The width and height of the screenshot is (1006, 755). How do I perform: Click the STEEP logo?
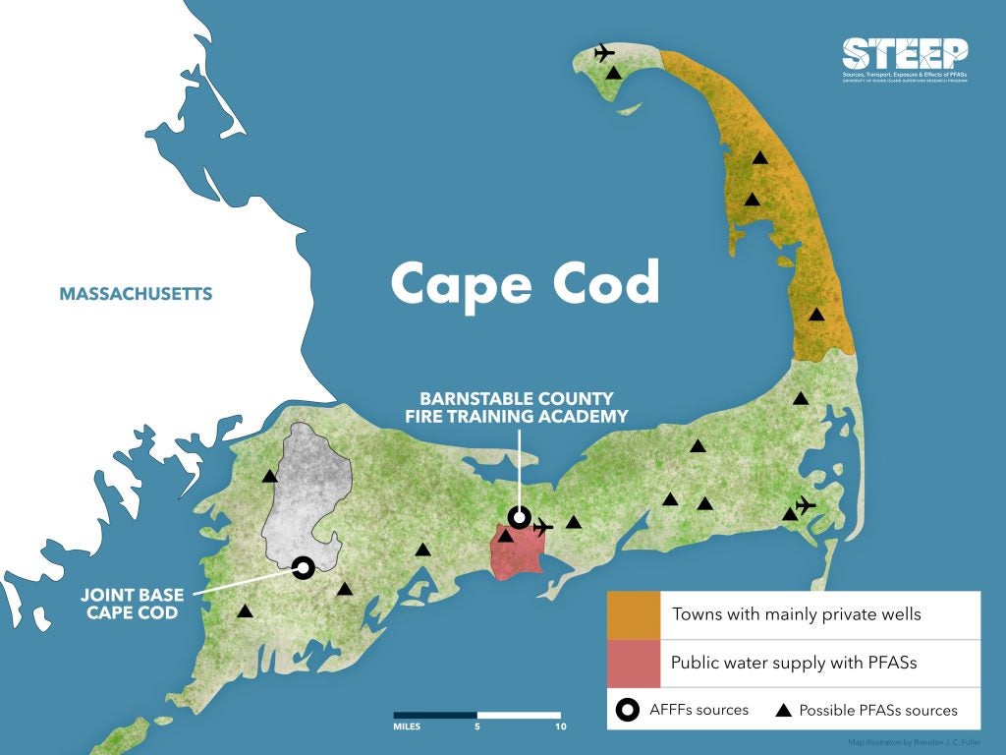[x=905, y=59]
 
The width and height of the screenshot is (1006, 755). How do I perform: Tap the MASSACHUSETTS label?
[x=136, y=294]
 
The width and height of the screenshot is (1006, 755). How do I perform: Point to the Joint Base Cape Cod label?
[x=130, y=604]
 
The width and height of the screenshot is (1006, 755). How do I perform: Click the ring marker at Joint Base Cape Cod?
[x=304, y=567]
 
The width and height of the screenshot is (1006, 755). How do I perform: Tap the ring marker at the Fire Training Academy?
[x=519, y=517]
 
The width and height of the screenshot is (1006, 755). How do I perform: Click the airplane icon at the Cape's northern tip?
[x=604, y=52]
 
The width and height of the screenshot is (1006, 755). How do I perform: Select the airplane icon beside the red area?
[x=542, y=526]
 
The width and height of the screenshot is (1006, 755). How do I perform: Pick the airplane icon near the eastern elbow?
[x=806, y=505]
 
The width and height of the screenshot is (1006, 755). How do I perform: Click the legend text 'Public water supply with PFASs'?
[x=793, y=663]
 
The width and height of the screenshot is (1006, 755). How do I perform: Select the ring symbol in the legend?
[x=625, y=710]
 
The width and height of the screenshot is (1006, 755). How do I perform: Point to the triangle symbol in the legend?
[x=784, y=710]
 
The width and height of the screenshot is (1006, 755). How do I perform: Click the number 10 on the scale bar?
[x=561, y=728]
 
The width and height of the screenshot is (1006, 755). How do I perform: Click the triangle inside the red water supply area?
[x=507, y=536]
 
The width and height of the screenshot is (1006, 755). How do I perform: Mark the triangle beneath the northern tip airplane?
[x=613, y=73]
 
